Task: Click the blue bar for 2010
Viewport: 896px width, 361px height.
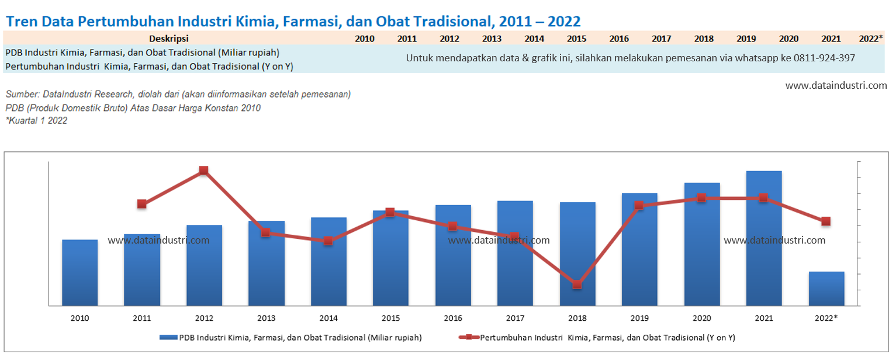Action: pyautogui.click(x=79, y=272)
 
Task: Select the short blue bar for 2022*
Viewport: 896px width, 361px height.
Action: pyautogui.click(x=826, y=289)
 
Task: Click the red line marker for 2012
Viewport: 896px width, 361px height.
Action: pyautogui.click(x=203, y=171)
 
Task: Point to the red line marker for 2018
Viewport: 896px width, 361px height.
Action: pyautogui.click(x=577, y=285)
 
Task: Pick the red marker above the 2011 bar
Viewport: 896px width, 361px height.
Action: pyautogui.click(x=141, y=204)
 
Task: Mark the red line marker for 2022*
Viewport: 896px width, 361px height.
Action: pyautogui.click(x=826, y=221)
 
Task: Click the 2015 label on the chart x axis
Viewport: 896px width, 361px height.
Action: pyautogui.click(x=390, y=318)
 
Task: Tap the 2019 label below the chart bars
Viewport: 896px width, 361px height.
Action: pyautogui.click(x=639, y=318)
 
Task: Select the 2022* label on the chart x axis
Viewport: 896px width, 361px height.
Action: pyautogui.click(x=826, y=318)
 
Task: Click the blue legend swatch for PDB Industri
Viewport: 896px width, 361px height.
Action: pyautogui.click(x=168, y=337)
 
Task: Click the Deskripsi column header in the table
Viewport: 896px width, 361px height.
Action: pyautogui.click(x=168, y=39)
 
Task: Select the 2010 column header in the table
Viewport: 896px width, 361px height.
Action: pyautogui.click(x=365, y=39)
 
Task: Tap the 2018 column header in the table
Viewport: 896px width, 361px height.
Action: pyautogui.click(x=704, y=39)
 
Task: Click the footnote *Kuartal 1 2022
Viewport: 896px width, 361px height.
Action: pyautogui.click(x=36, y=121)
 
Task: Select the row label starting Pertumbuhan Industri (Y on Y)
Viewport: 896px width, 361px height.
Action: pyautogui.click(x=149, y=67)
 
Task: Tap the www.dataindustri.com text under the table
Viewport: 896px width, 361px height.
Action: pyautogui.click(x=836, y=85)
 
